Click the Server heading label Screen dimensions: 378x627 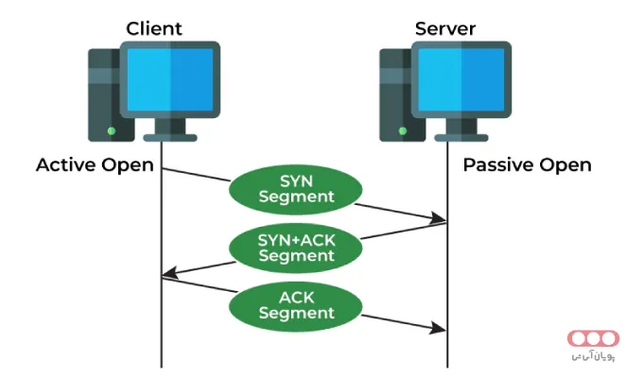(444, 27)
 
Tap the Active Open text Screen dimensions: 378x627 (95, 165)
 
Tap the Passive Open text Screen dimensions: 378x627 (527, 165)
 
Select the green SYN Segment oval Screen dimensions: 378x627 (295, 188)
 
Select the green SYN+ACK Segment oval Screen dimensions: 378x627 (295, 246)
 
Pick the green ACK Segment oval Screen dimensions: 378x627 (295, 303)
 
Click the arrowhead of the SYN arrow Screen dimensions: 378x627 (441, 220)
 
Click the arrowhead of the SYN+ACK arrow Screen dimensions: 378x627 (167, 275)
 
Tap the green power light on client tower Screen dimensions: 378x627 (112, 130)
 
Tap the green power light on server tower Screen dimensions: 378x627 (403, 130)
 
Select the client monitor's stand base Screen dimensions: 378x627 (170, 137)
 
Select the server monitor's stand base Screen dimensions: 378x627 (462, 137)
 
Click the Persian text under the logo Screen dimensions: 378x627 (593, 357)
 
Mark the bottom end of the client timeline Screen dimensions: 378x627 (162, 367)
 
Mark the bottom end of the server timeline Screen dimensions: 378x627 (447, 367)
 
